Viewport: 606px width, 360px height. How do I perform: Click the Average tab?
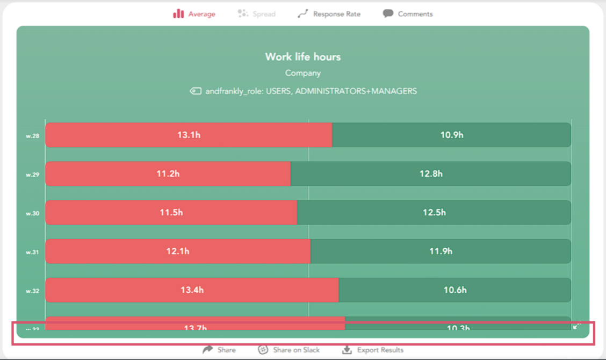[x=194, y=14]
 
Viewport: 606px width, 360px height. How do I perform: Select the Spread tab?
[x=257, y=14]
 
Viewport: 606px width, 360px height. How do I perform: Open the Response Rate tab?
[x=329, y=14]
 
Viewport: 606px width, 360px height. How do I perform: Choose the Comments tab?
[x=408, y=14]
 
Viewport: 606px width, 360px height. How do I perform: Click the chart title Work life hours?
[x=303, y=57]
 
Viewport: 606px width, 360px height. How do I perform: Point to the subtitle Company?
[x=303, y=73]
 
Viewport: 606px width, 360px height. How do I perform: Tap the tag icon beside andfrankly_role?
[x=196, y=91]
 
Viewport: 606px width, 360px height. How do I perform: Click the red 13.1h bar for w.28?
[x=189, y=135]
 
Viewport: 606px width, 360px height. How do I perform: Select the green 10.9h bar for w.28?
[x=451, y=135]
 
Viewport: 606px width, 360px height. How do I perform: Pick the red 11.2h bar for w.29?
[x=168, y=174]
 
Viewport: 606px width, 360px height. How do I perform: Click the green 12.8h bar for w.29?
[x=430, y=174]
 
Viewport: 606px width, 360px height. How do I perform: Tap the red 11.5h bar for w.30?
[x=171, y=212]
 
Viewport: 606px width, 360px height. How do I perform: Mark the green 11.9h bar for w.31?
[x=441, y=251]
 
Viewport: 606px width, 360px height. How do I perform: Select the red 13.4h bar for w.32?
[x=192, y=290]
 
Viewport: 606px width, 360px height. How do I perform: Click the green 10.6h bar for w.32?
[x=454, y=290]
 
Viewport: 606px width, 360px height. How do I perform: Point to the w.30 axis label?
[x=32, y=213]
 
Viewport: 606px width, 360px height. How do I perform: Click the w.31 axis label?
[x=32, y=252]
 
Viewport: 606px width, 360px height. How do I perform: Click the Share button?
[x=219, y=350]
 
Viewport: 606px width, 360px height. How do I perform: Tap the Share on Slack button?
[x=289, y=350]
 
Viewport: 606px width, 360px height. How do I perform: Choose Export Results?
[x=373, y=350]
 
